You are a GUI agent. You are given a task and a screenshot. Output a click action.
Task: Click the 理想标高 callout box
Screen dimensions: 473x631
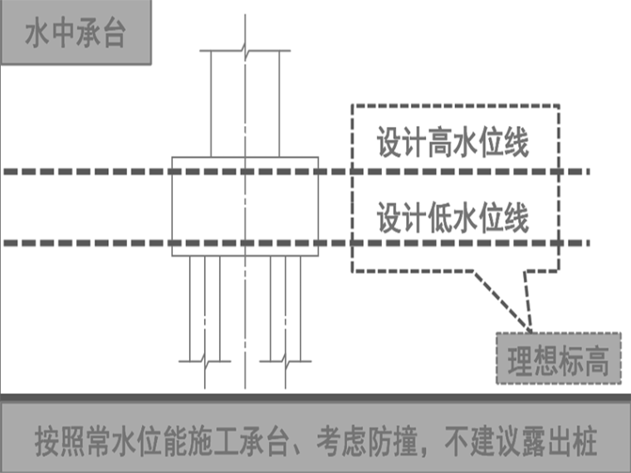coord(559,360)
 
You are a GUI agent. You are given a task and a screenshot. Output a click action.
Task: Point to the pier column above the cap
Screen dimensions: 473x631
coord(245,104)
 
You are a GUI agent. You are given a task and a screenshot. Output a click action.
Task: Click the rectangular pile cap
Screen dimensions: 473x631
coord(245,206)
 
